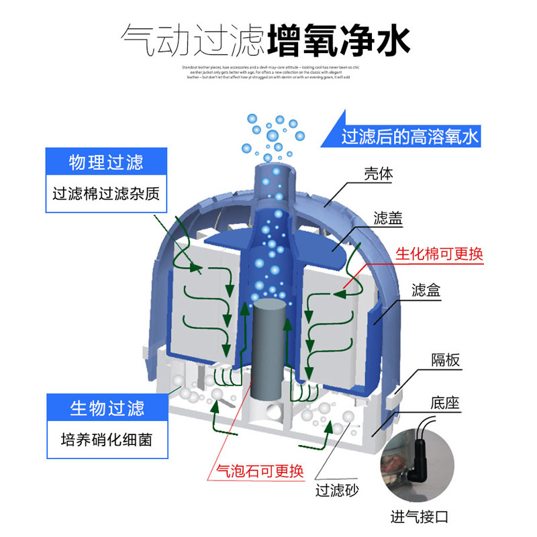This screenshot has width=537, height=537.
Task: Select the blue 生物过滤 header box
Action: (x=107, y=407)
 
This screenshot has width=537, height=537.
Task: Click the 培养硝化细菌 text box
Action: (x=107, y=439)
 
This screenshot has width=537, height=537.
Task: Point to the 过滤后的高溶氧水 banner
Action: (x=409, y=137)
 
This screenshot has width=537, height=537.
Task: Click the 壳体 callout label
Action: (x=378, y=173)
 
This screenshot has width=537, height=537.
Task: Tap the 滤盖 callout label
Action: (x=388, y=219)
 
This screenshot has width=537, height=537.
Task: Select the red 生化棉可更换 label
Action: (x=439, y=254)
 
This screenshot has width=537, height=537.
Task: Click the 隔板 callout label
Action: (x=445, y=360)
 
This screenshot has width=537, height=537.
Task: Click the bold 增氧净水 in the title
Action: (x=338, y=41)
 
